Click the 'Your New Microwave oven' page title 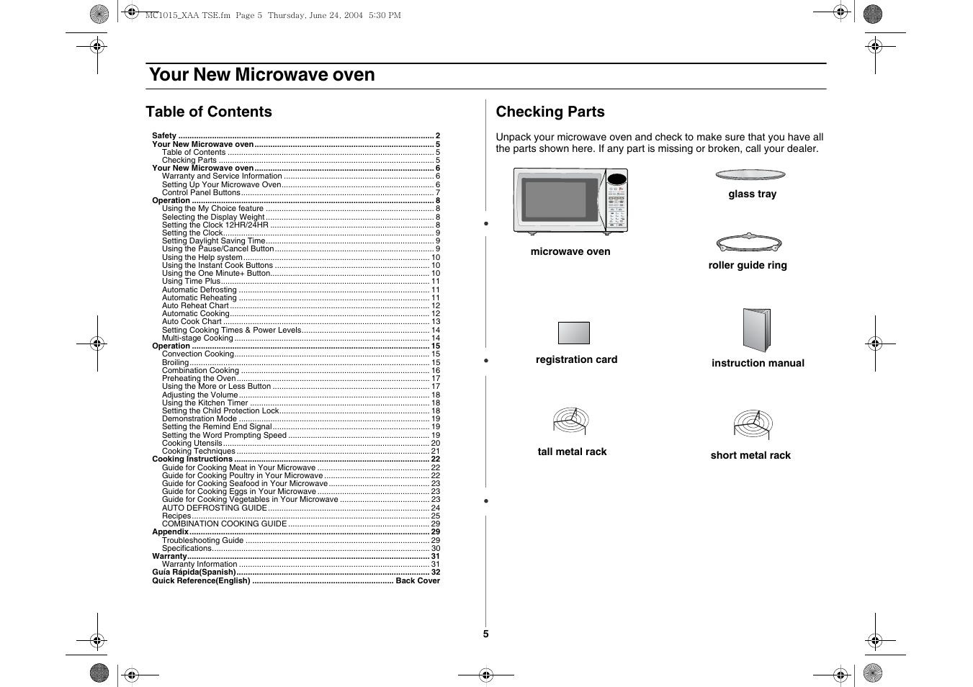[261, 75]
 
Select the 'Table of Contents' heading [209, 112]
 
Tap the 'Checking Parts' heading [550, 112]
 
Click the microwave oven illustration [570, 200]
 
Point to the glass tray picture [750, 174]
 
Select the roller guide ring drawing [749, 243]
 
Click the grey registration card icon [573, 333]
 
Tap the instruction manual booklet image [756, 331]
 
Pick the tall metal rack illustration [571, 421]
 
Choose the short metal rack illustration [753, 425]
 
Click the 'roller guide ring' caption [748, 265]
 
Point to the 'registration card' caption [576, 359]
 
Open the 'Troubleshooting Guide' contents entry [202, 540]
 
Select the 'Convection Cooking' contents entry [198, 354]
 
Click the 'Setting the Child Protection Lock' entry [220, 410]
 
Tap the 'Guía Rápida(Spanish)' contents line [194, 572]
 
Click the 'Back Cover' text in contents [418, 580]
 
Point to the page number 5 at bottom [485, 634]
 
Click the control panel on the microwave [616, 201]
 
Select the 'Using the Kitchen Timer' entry [205, 403]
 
